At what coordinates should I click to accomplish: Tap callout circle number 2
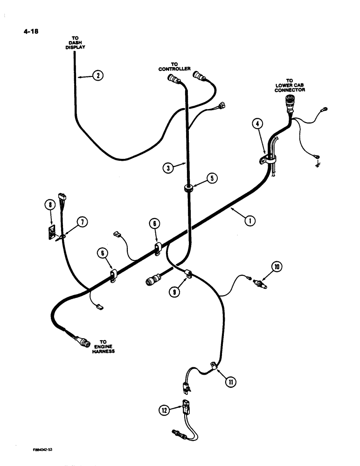pos(97,75)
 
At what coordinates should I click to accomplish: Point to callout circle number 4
pos(257,124)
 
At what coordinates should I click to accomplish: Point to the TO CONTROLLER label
pos(174,67)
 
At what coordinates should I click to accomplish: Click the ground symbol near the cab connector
pos(318,164)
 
